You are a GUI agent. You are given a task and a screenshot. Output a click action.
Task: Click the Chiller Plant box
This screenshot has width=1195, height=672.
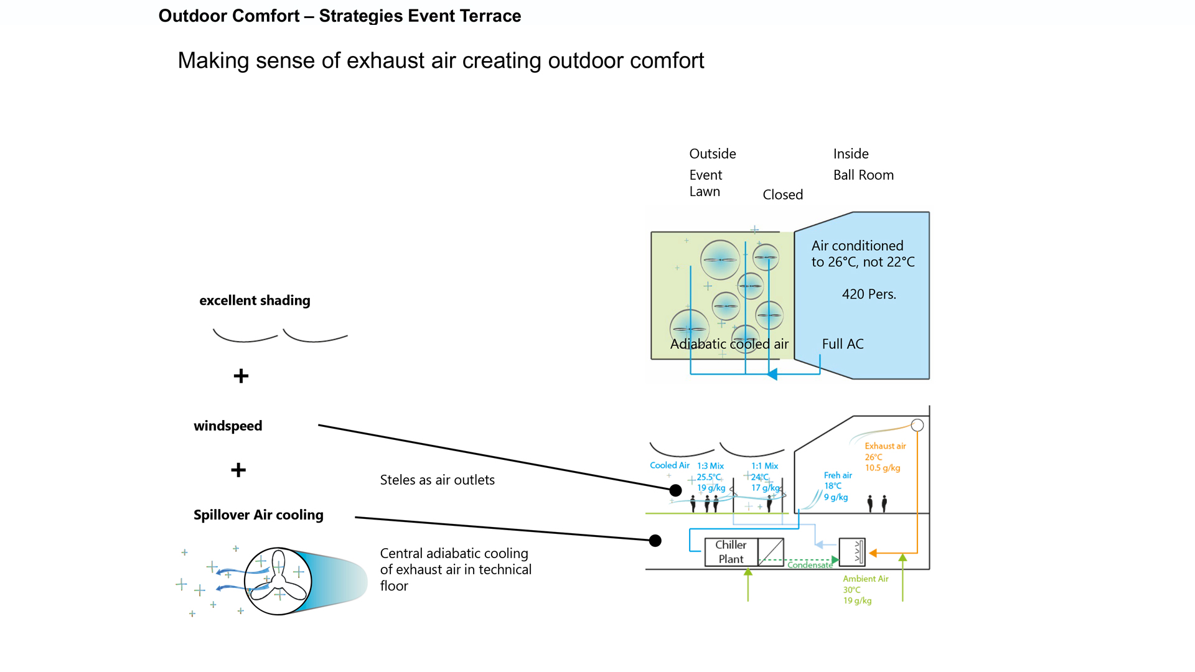pos(731,552)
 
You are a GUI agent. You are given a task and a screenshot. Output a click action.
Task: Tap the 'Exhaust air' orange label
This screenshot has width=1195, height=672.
pos(885,446)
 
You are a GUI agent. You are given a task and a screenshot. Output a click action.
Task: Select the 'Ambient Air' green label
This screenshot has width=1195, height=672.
pos(865,579)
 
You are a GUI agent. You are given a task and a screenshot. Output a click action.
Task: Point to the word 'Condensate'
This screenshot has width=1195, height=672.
pos(810,565)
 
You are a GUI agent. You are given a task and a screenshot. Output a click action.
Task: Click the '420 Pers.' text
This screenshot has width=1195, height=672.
pos(869,294)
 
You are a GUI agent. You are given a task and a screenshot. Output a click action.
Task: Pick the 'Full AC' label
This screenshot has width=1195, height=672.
pos(843,344)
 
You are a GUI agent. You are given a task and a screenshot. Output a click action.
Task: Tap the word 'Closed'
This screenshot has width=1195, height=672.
pos(782,195)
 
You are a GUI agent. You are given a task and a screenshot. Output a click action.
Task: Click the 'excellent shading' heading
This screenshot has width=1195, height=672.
pos(255,301)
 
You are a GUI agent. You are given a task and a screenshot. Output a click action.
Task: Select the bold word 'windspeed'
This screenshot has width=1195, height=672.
pos(228,426)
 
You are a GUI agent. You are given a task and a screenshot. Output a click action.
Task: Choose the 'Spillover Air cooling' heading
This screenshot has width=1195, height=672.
pos(258,515)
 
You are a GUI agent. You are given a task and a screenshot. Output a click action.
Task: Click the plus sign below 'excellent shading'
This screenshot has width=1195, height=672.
pos(241,376)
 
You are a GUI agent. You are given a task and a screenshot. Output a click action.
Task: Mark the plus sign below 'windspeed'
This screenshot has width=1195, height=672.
pos(238,470)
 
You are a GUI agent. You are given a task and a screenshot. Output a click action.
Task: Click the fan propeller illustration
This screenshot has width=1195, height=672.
pos(278,581)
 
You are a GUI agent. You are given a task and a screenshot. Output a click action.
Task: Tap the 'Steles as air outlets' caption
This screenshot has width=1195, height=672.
pos(437,480)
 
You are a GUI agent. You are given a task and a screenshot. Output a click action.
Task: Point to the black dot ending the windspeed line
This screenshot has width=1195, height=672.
pos(675,490)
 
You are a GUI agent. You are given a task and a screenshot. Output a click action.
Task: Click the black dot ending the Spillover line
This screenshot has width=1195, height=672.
pos(655,541)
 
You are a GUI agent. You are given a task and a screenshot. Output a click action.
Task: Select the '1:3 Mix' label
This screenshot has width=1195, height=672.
pos(710,466)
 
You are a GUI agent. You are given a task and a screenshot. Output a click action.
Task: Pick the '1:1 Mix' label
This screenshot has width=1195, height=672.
pos(764,466)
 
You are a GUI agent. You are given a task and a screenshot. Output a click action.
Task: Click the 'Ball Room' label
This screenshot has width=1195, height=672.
pos(863,175)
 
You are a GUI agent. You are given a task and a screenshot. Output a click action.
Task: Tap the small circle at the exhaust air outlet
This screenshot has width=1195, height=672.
pos(917,426)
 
